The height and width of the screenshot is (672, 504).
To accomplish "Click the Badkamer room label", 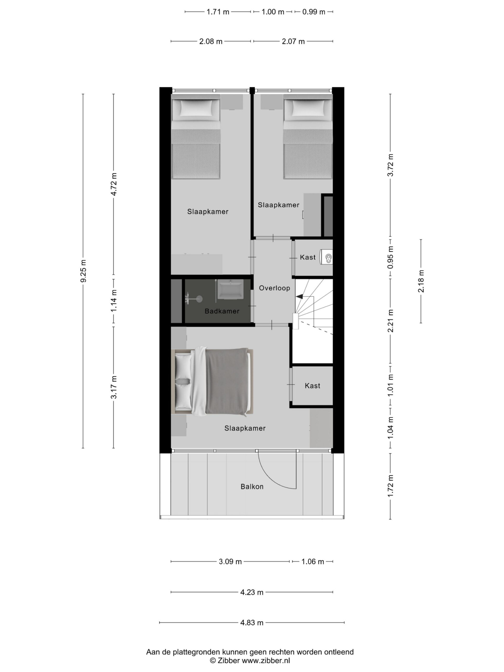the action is (x=222, y=311).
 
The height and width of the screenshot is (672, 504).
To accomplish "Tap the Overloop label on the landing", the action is (x=274, y=288).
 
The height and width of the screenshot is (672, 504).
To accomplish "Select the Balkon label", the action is (x=252, y=487).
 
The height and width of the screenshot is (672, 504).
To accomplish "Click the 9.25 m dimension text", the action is (x=83, y=271).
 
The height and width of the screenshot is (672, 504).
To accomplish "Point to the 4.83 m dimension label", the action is (x=252, y=623).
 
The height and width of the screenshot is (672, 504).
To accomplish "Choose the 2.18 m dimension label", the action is (x=421, y=281).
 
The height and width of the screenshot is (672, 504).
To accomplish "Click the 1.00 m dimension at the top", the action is (x=273, y=12).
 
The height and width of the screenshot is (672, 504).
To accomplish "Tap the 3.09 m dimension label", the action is (x=230, y=562).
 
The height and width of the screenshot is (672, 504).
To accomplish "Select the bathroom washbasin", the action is (x=230, y=289).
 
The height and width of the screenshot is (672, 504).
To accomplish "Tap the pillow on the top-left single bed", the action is (x=196, y=108).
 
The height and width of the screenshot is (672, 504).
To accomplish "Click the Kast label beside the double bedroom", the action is (x=312, y=386).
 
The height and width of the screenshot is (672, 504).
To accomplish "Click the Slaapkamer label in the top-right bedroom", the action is (x=279, y=205).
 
